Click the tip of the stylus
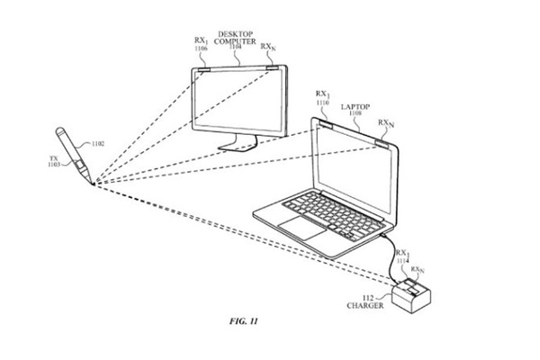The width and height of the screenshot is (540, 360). click(x=91, y=182)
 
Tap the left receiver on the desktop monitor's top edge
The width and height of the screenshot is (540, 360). click(x=202, y=68)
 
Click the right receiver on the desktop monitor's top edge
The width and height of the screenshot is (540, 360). click(x=270, y=68)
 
